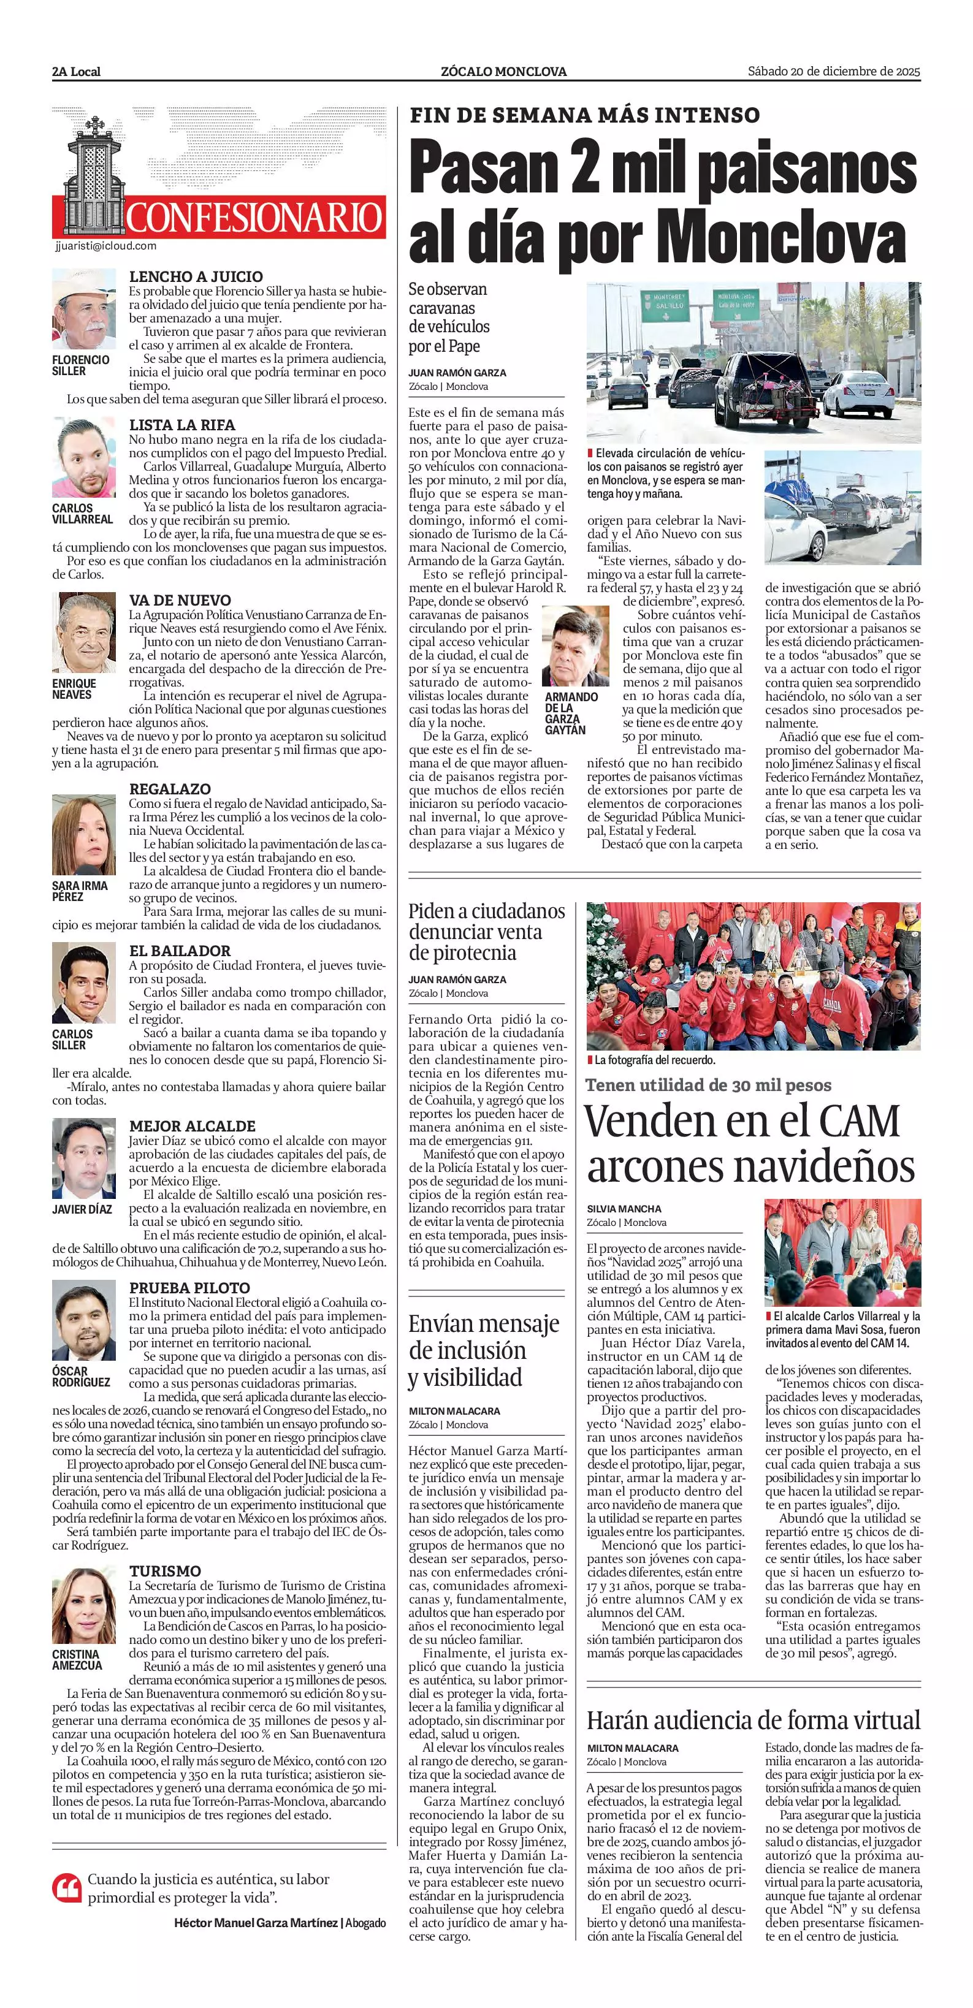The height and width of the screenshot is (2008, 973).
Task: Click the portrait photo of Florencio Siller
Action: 83,310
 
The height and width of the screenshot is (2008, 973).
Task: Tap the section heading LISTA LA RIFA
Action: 181,425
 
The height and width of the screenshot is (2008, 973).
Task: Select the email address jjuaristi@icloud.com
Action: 106,246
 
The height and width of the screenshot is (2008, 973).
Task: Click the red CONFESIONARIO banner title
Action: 254,218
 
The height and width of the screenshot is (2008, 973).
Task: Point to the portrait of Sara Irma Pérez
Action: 83,835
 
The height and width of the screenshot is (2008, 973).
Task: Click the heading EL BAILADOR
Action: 179,951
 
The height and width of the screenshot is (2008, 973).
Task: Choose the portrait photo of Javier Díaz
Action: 83,1158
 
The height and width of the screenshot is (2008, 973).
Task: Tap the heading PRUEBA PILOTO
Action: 189,1288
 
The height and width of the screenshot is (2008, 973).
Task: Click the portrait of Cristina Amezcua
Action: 83,1606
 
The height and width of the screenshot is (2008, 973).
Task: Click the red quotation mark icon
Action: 67,1887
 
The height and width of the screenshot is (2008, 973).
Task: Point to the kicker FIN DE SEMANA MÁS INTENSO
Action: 584,115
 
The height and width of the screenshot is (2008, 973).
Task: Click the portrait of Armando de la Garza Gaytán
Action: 575,645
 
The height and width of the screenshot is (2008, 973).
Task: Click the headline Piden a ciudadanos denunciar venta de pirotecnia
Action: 487,932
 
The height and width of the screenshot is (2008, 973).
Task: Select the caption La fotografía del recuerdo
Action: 654,1060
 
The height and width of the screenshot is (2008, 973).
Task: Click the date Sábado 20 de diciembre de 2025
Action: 833,72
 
